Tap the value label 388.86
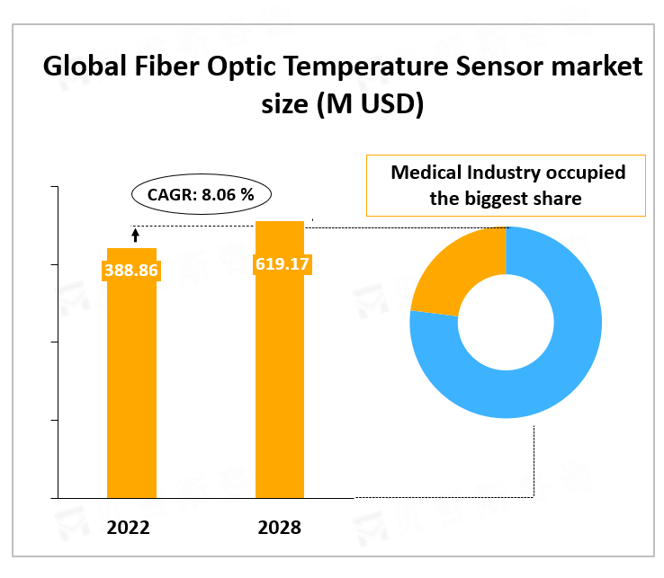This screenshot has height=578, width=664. pyautogui.click(x=131, y=269)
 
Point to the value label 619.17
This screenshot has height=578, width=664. pyautogui.click(x=280, y=264)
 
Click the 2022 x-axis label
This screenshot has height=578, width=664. pyautogui.click(x=128, y=528)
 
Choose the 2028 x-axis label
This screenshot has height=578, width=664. pyautogui.click(x=279, y=528)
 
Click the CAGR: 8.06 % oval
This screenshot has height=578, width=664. pyautogui.click(x=202, y=194)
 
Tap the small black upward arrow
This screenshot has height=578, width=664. pyautogui.click(x=136, y=236)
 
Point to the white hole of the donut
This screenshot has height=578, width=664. pyautogui.click(x=506, y=322)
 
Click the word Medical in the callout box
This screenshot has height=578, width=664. pyautogui.click(x=426, y=173)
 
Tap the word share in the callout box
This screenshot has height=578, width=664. pyautogui.click(x=560, y=199)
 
